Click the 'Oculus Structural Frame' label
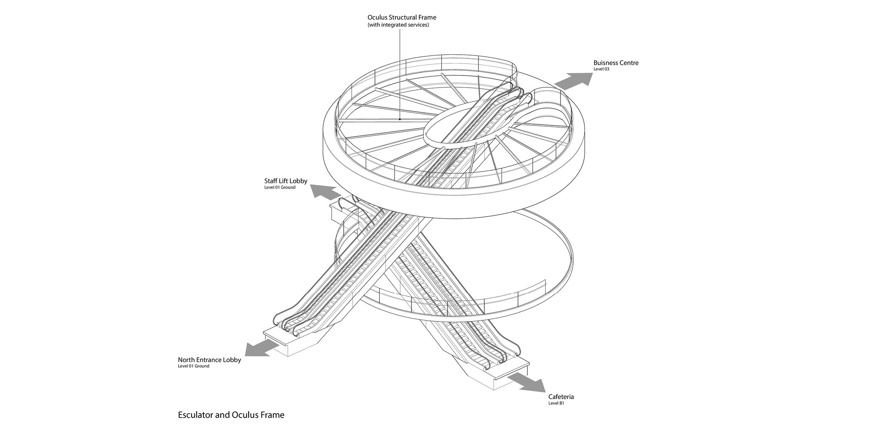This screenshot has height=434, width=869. pos(401,17)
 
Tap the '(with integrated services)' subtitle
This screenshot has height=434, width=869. pos(398,25)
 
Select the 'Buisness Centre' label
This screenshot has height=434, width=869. pos(616,63)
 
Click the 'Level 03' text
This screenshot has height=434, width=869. pos(601,69)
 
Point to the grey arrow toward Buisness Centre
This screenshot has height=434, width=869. pos(574,81)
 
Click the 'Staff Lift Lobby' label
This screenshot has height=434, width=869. pos(285,181)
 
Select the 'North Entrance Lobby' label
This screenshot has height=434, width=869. pos(209,360)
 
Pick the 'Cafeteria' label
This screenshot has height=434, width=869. pos(561,397)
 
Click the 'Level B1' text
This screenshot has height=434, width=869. pos(556,403)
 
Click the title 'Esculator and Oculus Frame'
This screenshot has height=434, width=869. pos(231,415)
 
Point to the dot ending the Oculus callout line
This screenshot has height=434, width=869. pos(400,119)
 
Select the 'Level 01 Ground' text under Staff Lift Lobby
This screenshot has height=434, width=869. pos(279,187)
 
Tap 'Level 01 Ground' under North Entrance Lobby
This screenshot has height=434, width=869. pos(193,366)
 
